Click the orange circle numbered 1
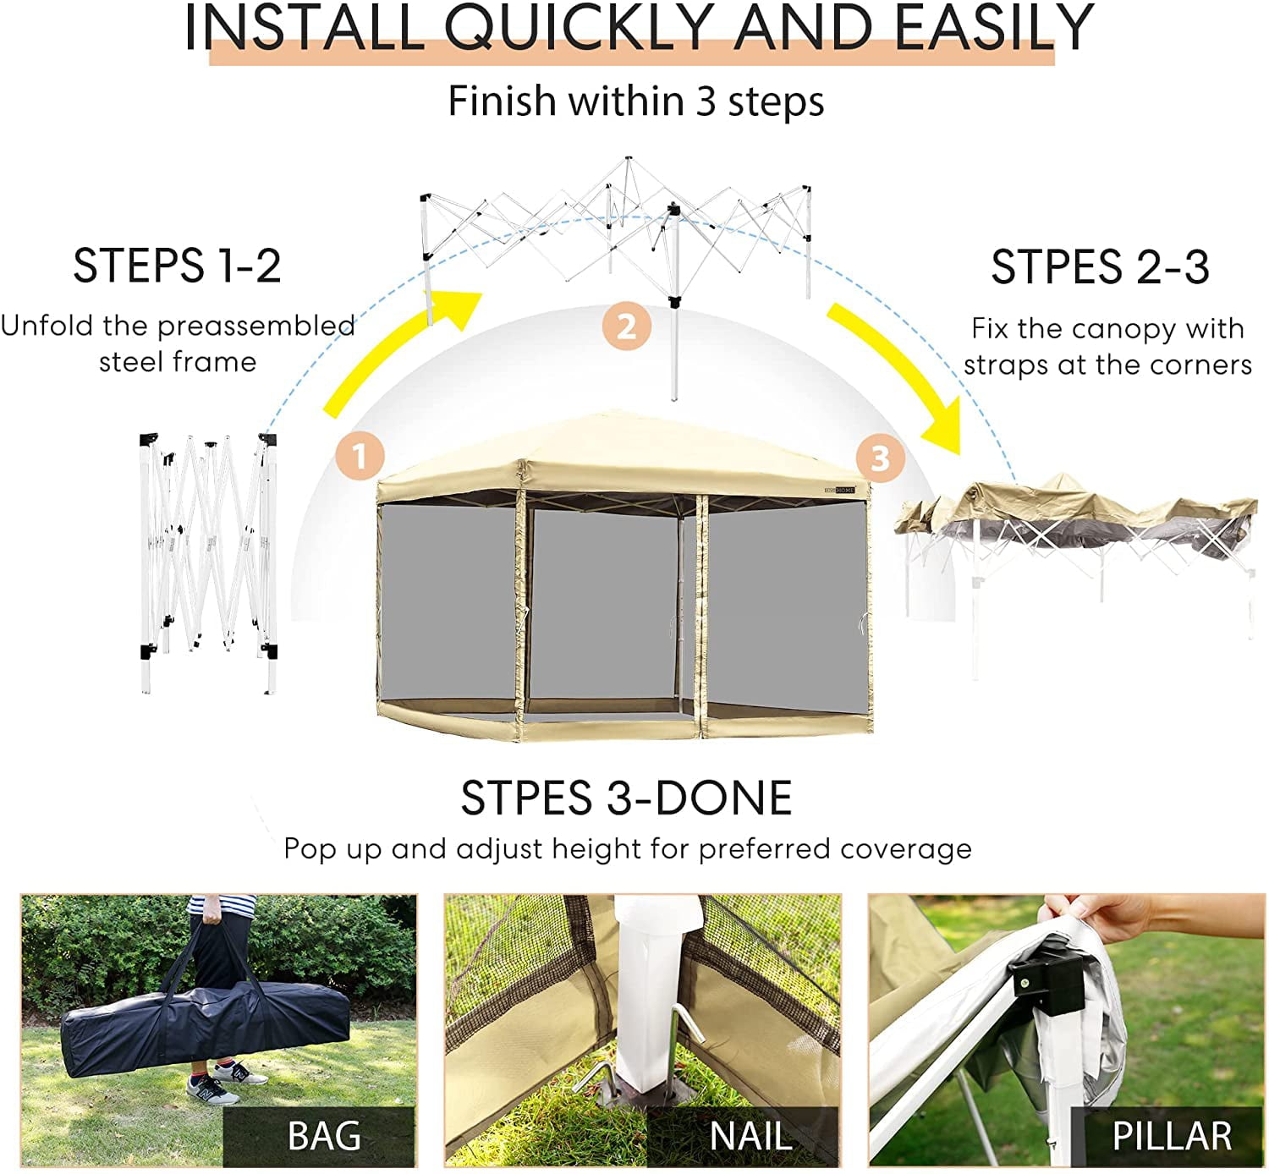(360, 456)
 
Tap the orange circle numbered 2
(626, 326)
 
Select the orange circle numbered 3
(880, 458)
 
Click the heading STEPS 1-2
(177, 266)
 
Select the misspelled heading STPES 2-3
(1100, 267)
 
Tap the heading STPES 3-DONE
(626, 798)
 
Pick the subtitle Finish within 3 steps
(635, 101)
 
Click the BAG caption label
(324, 1135)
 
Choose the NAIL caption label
(750, 1135)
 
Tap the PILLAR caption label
(1171, 1135)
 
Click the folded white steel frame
(208, 558)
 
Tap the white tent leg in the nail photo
(647, 998)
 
